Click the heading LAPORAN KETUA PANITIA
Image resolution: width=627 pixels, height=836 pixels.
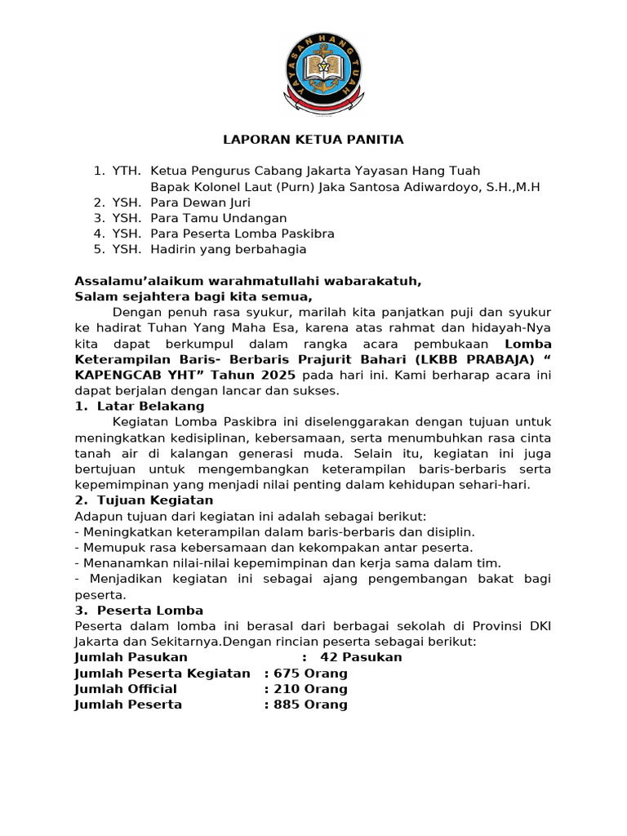(x=313, y=140)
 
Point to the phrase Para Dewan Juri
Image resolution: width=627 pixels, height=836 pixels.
(x=200, y=202)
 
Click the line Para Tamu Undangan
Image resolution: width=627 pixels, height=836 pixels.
(x=219, y=218)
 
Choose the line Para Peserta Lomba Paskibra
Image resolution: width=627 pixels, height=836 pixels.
(x=242, y=233)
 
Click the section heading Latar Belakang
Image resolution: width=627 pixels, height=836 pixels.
(x=150, y=406)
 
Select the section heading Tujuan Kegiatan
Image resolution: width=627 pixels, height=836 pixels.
(x=154, y=500)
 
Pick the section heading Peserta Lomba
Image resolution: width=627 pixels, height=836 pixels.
(x=149, y=610)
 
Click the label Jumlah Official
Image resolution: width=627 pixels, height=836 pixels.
(x=125, y=689)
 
